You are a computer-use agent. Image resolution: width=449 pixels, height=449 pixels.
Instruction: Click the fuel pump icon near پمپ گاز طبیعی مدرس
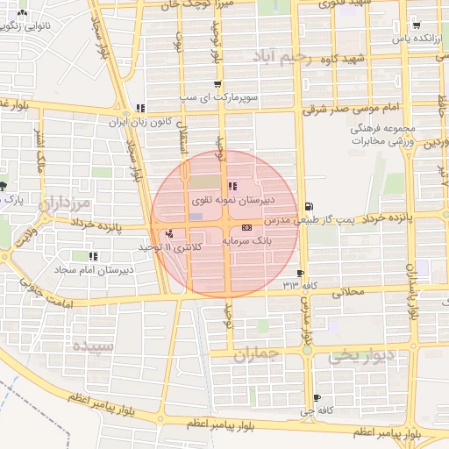(307, 206)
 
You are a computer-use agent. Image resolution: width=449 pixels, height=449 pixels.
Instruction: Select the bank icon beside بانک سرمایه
(246, 226)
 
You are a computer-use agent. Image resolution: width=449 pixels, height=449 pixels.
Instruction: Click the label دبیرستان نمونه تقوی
(226, 200)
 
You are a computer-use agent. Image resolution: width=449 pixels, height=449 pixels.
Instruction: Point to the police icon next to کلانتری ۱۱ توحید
(168, 234)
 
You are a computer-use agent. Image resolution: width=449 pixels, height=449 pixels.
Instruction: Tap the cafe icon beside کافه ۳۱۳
(302, 274)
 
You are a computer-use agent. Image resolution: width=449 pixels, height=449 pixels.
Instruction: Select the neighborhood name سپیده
(93, 345)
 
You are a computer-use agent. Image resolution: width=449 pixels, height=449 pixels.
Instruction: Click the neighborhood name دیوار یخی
(355, 358)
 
